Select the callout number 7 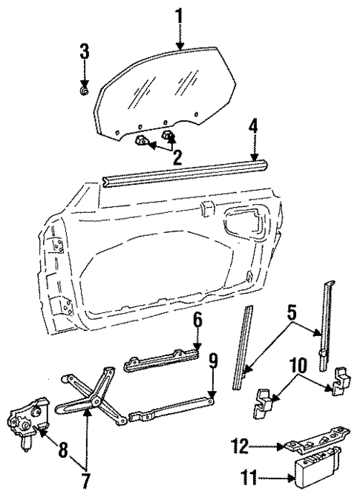point(85,481)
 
